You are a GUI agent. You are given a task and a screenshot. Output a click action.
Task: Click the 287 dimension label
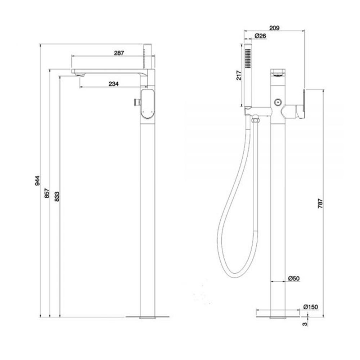tap(119, 53)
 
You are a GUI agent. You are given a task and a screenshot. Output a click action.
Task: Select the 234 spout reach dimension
tap(113, 84)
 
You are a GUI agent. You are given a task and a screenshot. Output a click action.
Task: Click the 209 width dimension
tap(274, 28)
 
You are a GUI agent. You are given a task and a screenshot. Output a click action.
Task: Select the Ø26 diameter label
tap(260, 36)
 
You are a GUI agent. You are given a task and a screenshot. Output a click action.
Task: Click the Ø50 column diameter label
tap(294, 278)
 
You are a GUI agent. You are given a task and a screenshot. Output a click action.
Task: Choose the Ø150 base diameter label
tap(310, 307)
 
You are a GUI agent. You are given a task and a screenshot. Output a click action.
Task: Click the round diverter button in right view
tap(278, 102)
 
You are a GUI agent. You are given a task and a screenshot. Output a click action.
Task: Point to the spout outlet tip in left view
tap(80, 74)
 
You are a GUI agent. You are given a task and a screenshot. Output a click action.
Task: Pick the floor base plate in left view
tap(148, 317)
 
